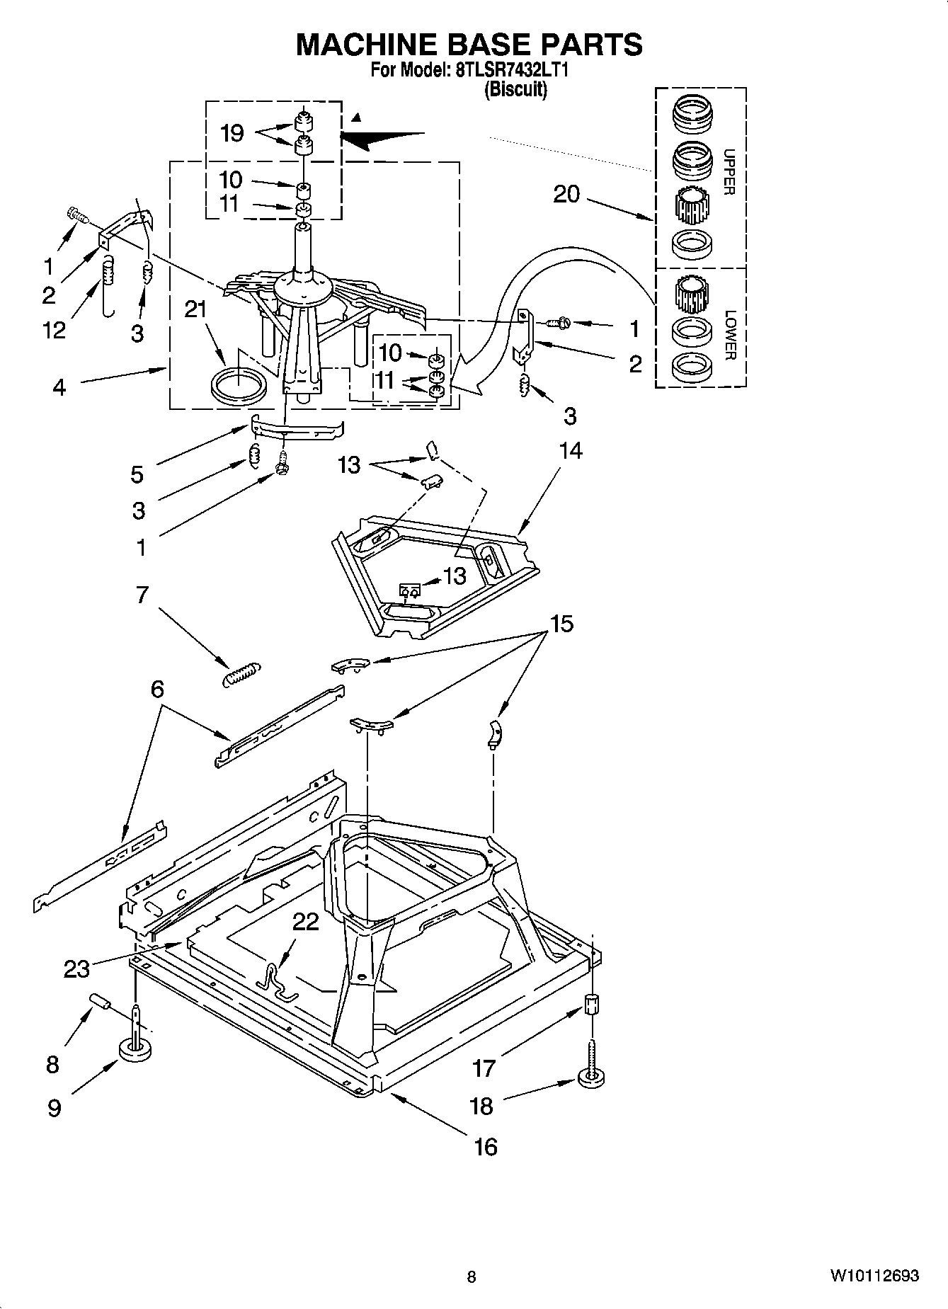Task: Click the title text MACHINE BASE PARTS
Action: point(469,44)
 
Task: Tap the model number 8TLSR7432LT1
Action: point(505,71)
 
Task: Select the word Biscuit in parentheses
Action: point(515,89)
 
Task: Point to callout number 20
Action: point(566,193)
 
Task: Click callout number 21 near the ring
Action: point(195,309)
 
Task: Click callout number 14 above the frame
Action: point(571,450)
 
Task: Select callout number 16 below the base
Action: point(486,1146)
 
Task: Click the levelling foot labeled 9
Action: point(135,1048)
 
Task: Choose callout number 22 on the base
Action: point(305,921)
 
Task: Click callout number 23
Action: point(76,968)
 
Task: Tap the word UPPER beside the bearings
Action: point(729,172)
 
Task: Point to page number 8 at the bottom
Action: point(472,1276)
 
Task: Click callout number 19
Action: point(232,133)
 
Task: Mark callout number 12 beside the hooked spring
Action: point(54,329)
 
